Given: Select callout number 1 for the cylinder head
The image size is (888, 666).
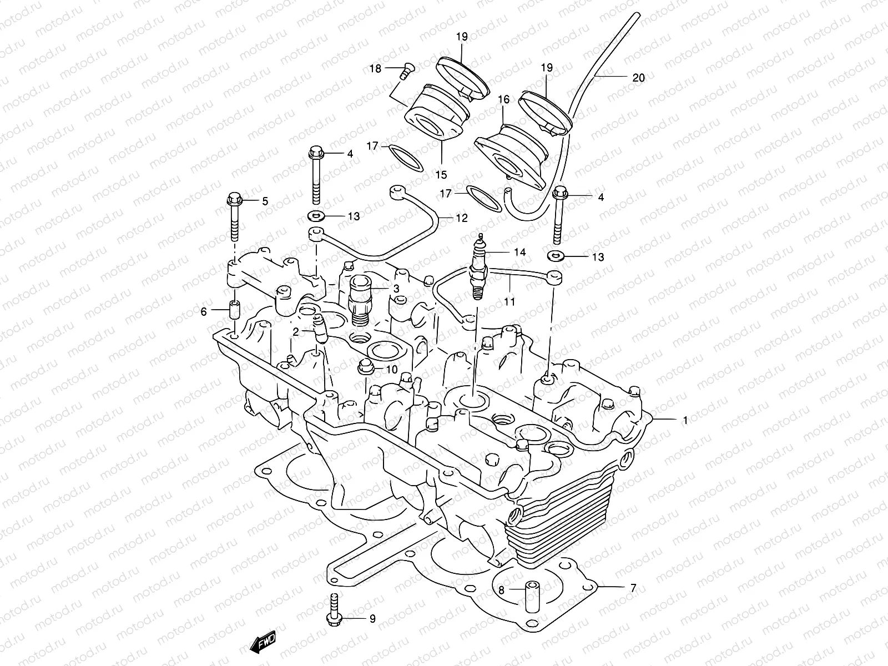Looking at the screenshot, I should [685, 421].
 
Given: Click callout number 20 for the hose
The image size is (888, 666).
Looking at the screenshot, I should [639, 78].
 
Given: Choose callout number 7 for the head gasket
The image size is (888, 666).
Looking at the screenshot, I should [633, 588].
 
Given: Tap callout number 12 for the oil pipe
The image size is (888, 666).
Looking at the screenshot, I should [461, 218].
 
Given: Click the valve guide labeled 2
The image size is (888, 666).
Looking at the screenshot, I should [320, 329].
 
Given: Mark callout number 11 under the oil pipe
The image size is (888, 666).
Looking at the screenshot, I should [509, 302].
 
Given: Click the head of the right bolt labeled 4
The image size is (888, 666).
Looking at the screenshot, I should [559, 192].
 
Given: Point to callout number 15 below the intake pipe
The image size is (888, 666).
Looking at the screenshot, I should [441, 175].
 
